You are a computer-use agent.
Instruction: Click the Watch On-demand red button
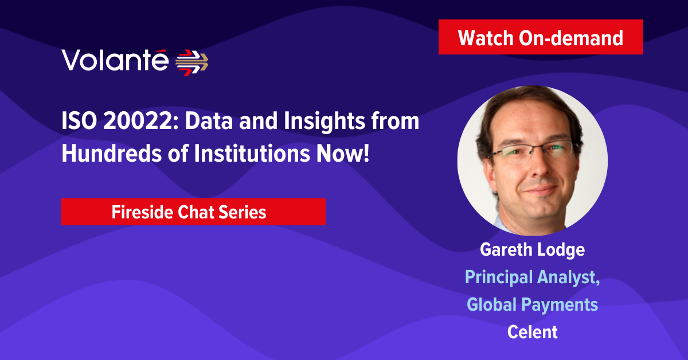point(541,37)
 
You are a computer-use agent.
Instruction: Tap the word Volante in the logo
point(115,60)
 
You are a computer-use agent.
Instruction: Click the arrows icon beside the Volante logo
point(191,62)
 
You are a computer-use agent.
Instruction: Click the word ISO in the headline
point(79,121)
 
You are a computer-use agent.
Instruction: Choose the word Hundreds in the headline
point(111,153)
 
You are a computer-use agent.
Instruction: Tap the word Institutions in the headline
point(252,153)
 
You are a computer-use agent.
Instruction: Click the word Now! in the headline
point(343,153)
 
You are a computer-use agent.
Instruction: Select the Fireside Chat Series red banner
point(194,212)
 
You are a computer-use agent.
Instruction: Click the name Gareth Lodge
point(532,250)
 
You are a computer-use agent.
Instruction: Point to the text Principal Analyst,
point(532,277)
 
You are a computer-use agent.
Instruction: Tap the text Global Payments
point(532,305)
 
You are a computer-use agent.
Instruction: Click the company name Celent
point(532,332)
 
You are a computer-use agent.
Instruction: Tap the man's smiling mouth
point(541,190)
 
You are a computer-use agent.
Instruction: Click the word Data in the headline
point(209,121)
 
